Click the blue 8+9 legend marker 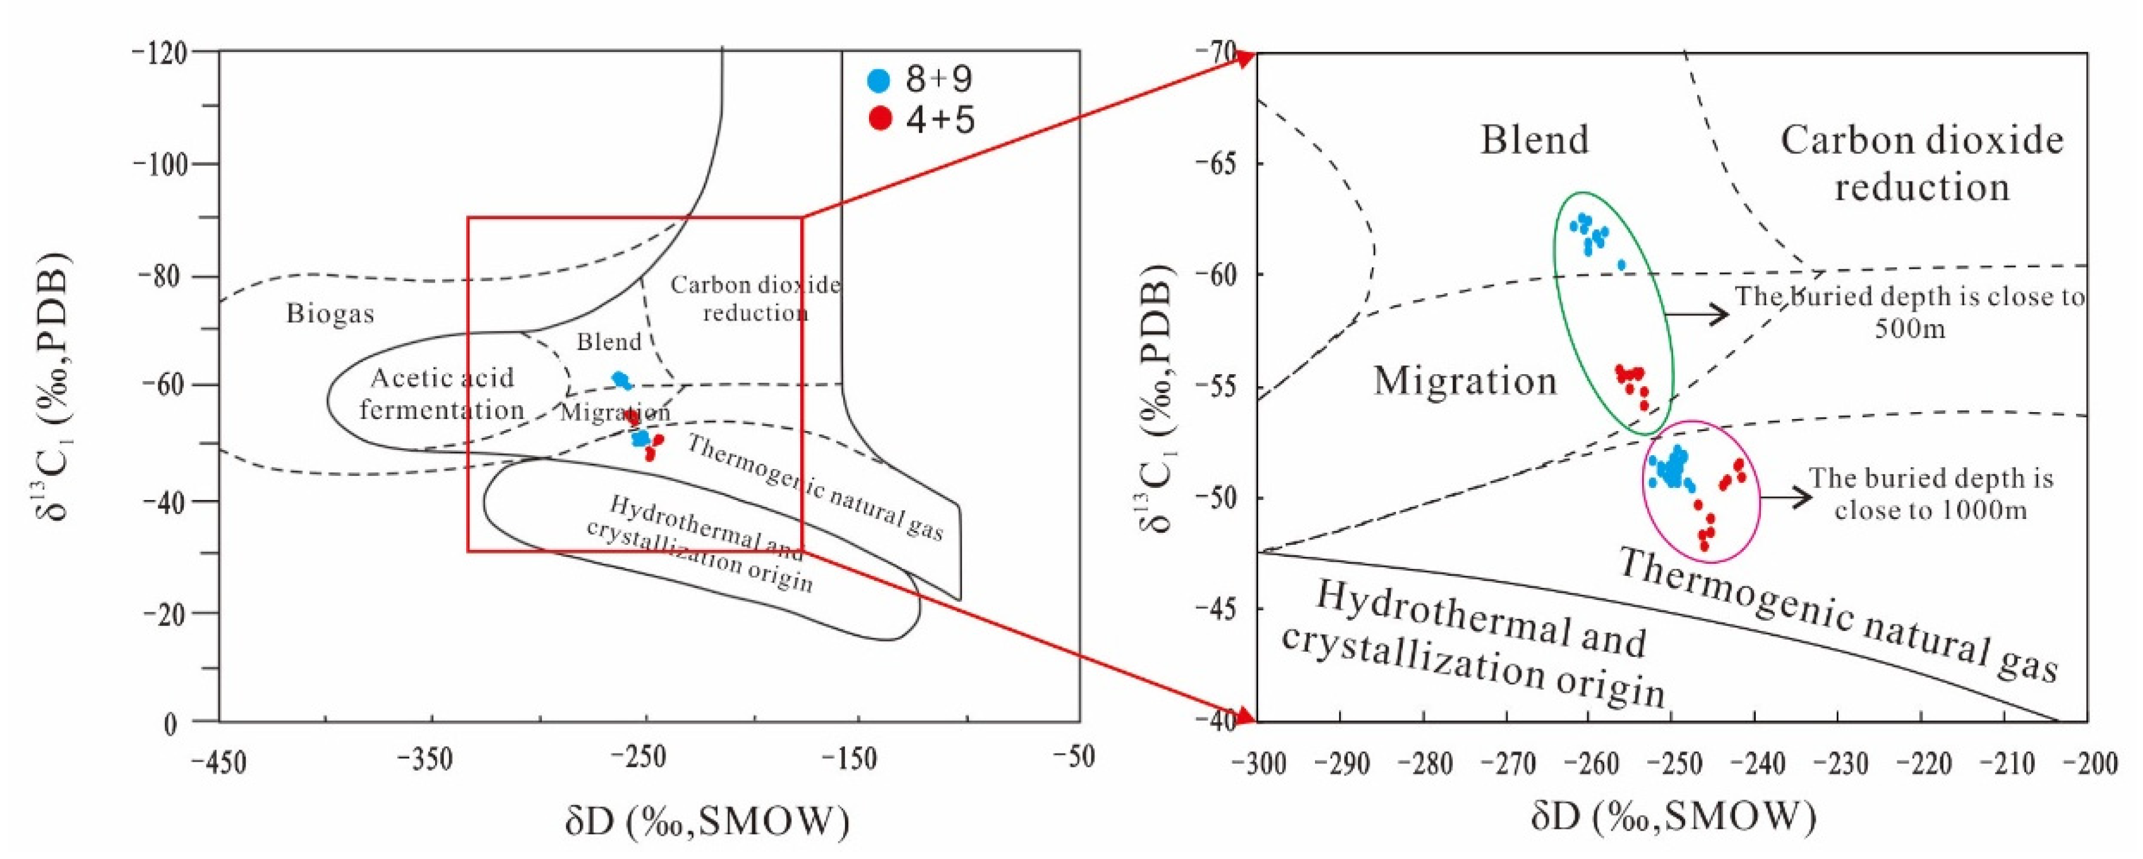pyautogui.click(x=879, y=81)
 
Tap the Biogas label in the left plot pyautogui.click(x=330, y=314)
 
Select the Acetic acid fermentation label pyautogui.click(x=441, y=394)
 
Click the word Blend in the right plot pyautogui.click(x=1534, y=139)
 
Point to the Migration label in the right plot pyautogui.click(x=1464, y=381)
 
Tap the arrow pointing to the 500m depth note pyautogui.click(x=1697, y=314)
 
